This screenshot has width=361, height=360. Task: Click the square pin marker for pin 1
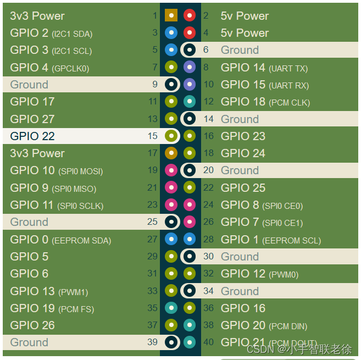tap(171, 15)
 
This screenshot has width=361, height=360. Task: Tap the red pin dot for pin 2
tap(190, 15)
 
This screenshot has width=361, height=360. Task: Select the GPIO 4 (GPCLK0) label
tap(49, 68)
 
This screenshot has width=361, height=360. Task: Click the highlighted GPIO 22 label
tap(32, 136)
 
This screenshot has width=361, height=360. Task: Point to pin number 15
tap(153, 136)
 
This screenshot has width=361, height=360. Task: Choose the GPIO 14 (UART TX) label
tap(264, 68)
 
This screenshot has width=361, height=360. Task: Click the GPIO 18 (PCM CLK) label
tap(265, 102)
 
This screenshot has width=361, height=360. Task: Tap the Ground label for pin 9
tap(29, 85)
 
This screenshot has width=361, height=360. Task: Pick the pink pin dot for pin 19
tap(171, 170)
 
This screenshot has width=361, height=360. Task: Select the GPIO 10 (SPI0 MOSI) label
tap(56, 170)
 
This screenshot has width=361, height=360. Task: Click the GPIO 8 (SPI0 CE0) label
tap(262, 205)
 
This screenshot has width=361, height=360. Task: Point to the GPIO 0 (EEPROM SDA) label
tap(60, 240)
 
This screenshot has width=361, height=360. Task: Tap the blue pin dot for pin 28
tap(190, 240)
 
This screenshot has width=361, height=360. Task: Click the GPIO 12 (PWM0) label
tap(259, 274)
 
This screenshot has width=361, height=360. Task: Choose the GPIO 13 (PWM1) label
tap(49, 291)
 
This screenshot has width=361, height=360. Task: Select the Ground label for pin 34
tap(240, 291)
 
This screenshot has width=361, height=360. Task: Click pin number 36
tap(208, 308)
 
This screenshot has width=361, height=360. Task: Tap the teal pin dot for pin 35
tap(171, 308)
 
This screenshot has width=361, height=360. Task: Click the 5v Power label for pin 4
tap(245, 33)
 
